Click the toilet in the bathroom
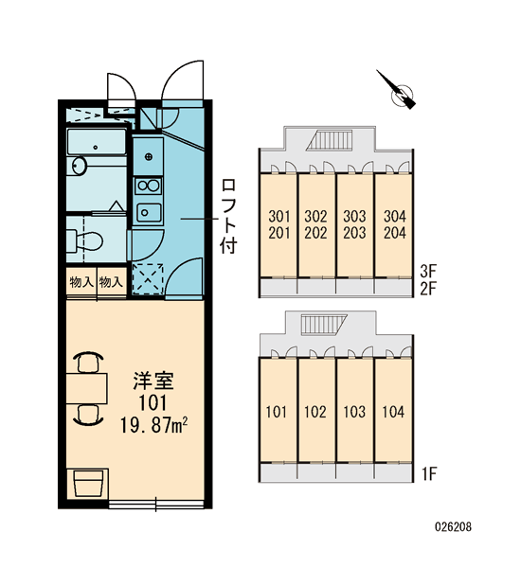click(85, 240)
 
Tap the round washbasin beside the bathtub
click(79, 166)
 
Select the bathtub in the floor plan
click(97, 142)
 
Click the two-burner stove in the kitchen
click(148, 186)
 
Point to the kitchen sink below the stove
click(149, 213)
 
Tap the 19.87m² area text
click(153, 425)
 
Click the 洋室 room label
click(153, 381)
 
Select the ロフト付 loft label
click(228, 216)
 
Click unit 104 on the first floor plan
click(393, 412)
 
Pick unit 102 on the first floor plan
click(315, 412)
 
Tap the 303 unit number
click(354, 216)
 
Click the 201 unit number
click(279, 233)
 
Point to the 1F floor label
click(428, 474)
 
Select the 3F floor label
click(428, 270)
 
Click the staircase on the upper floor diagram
click(330, 139)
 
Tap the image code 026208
click(453, 526)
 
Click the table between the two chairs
click(86, 389)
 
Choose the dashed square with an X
click(148, 279)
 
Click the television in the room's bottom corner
click(87, 484)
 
